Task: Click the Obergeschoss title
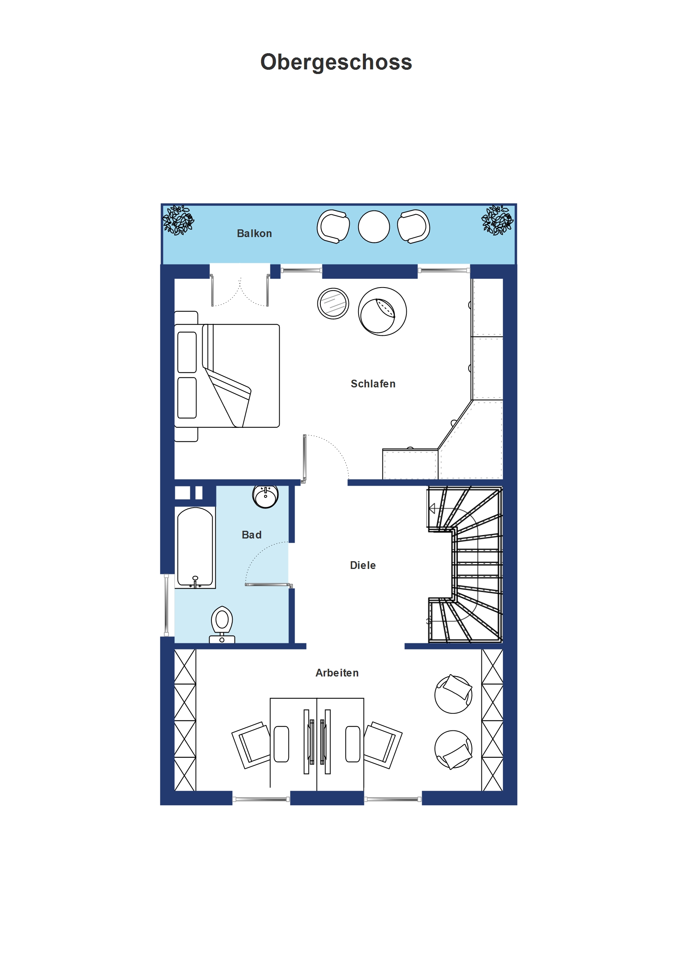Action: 336,63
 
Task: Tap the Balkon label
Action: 254,234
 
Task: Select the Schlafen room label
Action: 373,384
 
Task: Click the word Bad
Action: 251,535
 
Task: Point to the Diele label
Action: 362,565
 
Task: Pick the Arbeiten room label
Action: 337,673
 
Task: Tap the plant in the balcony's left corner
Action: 178,220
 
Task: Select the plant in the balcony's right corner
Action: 497,220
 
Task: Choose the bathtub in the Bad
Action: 195,548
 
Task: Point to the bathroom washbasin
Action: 265,497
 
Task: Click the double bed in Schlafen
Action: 227,376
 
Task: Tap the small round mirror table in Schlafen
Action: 333,304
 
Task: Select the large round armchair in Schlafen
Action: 382,311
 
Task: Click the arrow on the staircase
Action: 432,508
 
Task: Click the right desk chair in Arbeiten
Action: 382,745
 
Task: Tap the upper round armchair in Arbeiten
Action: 453,694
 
